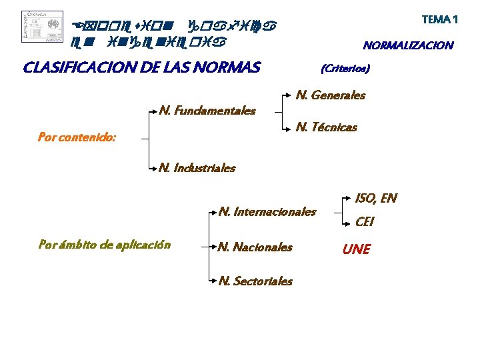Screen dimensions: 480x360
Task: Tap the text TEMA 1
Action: (439, 19)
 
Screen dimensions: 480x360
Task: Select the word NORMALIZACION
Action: (407, 46)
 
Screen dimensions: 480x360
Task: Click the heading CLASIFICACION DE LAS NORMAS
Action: (141, 67)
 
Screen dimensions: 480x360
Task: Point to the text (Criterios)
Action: (345, 68)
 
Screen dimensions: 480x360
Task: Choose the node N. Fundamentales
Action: (207, 110)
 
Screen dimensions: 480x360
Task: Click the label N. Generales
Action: (330, 95)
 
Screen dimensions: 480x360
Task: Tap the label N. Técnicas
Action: (326, 127)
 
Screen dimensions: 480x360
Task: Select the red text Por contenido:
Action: (77, 138)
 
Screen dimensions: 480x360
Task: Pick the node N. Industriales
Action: (197, 168)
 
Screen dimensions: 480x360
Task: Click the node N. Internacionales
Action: (267, 212)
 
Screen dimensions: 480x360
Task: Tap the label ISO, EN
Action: (376, 198)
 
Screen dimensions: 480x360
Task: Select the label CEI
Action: (365, 222)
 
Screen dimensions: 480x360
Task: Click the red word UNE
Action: (356, 249)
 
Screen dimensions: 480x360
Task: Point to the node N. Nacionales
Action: (255, 247)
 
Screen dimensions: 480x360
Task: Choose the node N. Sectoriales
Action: (255, 281)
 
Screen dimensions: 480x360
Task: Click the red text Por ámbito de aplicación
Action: (105, 245)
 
